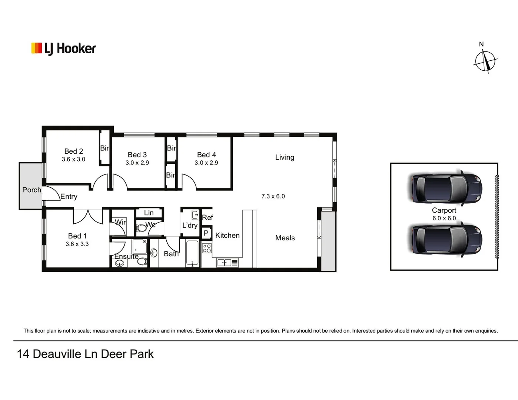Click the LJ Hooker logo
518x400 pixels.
[x=63, y=49]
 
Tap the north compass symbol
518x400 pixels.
[x=485, y=60]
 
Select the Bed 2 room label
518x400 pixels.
[x=73, y=151]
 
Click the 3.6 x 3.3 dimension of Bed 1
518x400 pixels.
[x=77, y=244]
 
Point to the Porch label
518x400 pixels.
[x=31, y=190]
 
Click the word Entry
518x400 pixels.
[x=69, y=197]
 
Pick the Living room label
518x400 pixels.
[x=285, y=157]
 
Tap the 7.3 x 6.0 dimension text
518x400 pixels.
[x=273, y=196]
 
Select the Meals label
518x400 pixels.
[x=285, y=238]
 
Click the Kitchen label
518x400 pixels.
[x=227, y=236]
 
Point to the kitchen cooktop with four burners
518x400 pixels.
[x=207, y=248]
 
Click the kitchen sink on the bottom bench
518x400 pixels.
[x=224, y=263]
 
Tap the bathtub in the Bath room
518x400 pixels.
[x=192, y=253]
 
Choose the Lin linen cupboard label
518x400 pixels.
[x=149, y=213]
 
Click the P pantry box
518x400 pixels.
[x=206, y=233]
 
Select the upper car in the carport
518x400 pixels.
[x=446, y=188]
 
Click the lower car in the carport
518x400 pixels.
[x=446, y=240]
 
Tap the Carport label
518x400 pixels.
[x=444, y=210]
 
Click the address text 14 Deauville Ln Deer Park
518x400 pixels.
[x=85, y=354]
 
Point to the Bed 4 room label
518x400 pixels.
[x=206, y=155]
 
